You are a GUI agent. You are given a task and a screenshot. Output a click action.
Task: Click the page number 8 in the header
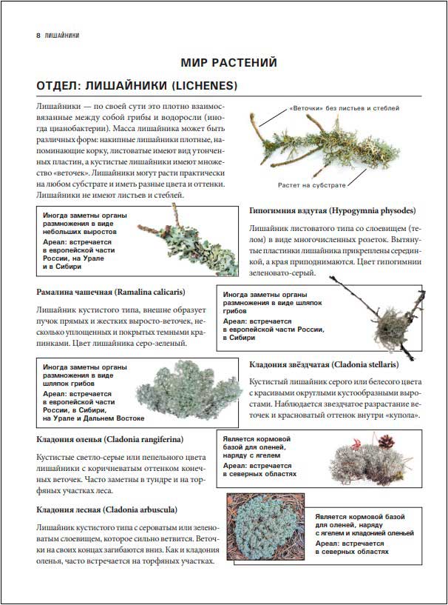[x=38, y=35]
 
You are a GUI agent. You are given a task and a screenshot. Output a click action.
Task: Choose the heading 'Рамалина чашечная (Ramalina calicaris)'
[x=110, y=291]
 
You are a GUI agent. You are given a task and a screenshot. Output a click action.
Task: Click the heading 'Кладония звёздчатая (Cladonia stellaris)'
[x=324, y=364]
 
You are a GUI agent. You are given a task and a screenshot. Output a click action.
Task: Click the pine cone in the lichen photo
[x=385, y=440]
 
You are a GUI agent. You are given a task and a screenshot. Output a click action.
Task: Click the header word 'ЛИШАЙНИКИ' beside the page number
[x=62, y=35]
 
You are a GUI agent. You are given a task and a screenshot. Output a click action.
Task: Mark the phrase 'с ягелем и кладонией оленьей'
[x=364, y=532]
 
